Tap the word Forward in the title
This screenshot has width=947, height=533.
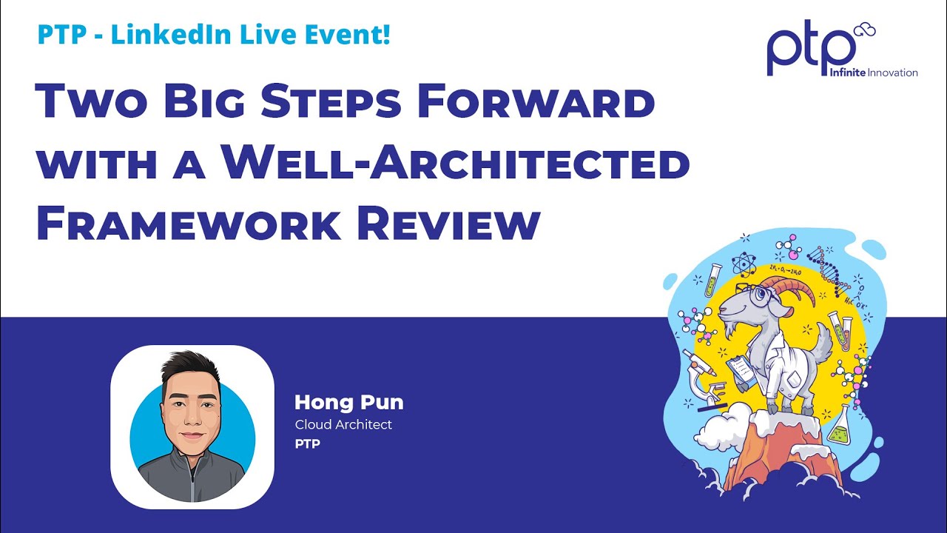pyautogui.click(x=535, y=101)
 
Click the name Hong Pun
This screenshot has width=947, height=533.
pyautogui.click(x=348, y=403)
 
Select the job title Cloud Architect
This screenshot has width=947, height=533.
pyautogui.click(x=343, y=425)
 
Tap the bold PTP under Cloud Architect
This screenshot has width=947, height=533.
pyautogui.click(x=307, y=444)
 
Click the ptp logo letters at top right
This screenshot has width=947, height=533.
pyautogui.click(x=809, y=54)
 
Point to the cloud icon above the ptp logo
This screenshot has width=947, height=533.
pyautogui.click(x=863, y=30)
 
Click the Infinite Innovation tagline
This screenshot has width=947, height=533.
pyautogui.click(x=873, y=73)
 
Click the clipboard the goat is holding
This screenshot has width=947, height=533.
pyautogui.click(x=741, y=367)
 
